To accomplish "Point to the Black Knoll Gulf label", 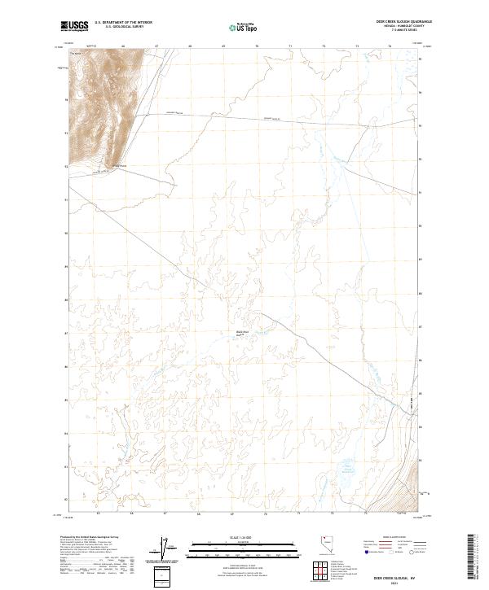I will pos(241,333).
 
